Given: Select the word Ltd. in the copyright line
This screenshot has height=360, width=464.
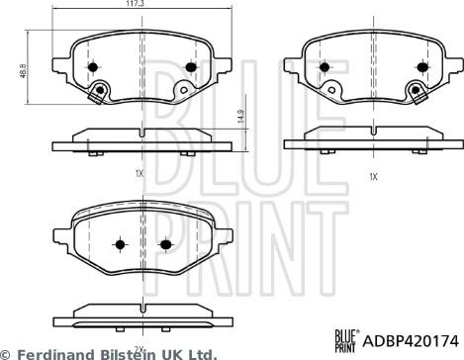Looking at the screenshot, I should coord(201,352).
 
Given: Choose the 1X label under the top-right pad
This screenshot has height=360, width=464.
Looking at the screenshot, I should coord(372,176).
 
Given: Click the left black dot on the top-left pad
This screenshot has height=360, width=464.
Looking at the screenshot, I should coord(93,67).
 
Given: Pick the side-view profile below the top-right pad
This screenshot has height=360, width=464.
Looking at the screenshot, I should coord(371,139).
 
